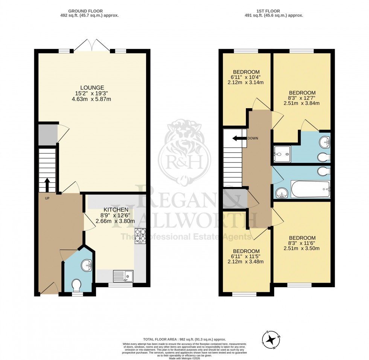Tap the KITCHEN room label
116,210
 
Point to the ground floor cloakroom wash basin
87,265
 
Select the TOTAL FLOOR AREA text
184,339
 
